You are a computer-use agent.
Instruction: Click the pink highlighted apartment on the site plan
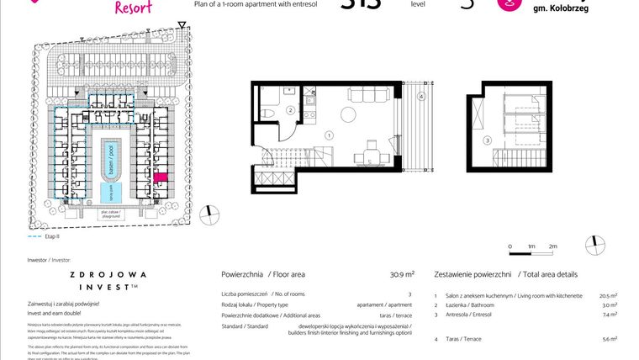(x=161, y=178)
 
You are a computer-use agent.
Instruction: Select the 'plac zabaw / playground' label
(x=109, y=214)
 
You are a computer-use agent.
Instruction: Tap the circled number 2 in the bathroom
(x=290, y=110)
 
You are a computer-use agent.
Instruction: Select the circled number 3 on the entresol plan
(x=487, y=140)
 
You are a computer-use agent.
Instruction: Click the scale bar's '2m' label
(x=552, y=246)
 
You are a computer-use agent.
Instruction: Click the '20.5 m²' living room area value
(x=609, y=296)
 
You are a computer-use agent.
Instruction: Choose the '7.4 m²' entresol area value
(x=610, y=315)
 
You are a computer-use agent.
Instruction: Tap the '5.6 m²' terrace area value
(x=610, y=339)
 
